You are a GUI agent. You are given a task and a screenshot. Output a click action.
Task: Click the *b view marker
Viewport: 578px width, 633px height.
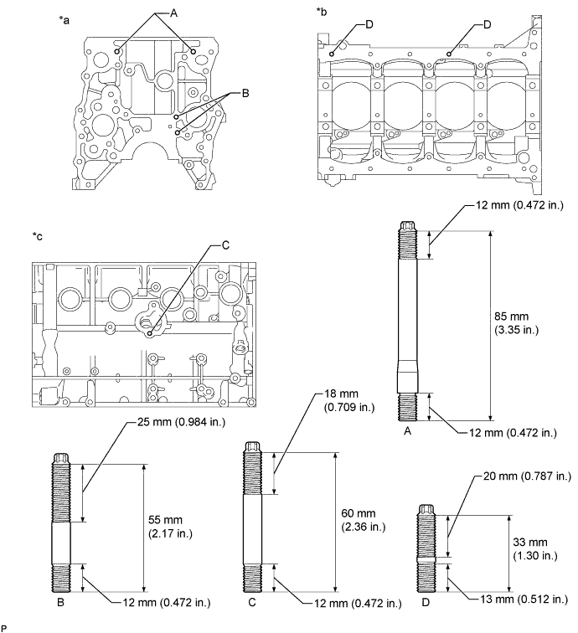(x=323, y=11)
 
